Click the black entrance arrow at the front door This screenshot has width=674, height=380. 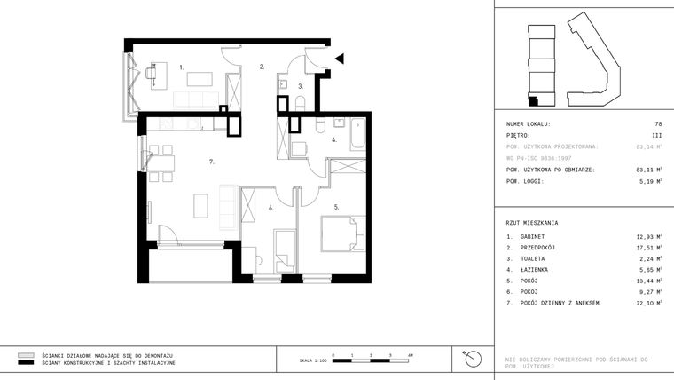click(340, 59)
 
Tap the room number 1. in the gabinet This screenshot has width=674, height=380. click(181, 67)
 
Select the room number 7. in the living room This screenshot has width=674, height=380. click(212, 162)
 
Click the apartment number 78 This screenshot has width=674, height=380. click(657, 123)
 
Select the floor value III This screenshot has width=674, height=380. click(656, 135)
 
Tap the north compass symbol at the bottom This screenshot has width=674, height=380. click(473, 359)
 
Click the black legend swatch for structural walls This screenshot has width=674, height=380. click(25, 363)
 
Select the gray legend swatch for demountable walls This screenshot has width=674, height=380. click(25, 354)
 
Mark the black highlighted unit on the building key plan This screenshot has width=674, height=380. click(533, 101)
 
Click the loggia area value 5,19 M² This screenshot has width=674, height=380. click(647, 180)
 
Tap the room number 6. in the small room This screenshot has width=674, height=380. click(270, 208)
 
